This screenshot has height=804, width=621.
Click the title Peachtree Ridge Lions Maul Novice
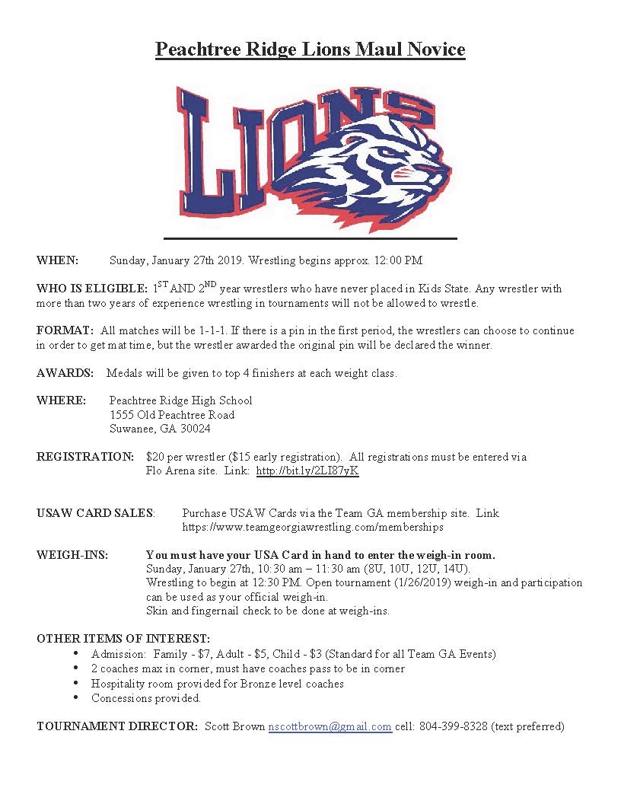point(310,49)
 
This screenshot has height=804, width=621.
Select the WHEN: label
point(57,260)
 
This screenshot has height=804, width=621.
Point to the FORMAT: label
point(65,330)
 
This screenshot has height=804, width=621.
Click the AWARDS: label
point(65,373)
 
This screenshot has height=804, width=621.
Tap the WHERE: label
point(60,400)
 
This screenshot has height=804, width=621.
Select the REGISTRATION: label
point(85,457)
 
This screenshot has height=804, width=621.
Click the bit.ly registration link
point(307,471)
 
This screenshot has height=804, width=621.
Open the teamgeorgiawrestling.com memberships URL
point(313,527)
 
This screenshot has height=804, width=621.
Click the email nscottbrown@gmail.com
point(330,726)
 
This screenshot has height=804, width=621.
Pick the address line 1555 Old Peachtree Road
point(172,415)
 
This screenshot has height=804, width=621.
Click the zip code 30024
point(196,429)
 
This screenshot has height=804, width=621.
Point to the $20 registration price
point(155,457)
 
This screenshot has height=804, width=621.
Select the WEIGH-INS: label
point(72,555)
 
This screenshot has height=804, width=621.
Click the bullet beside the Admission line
point(75,654)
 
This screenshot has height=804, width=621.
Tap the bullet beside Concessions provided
point(75,697)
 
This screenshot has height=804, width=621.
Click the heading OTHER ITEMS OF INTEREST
point(123,639)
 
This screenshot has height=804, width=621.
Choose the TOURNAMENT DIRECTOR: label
point(117,726)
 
